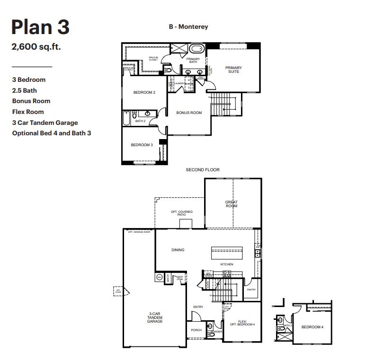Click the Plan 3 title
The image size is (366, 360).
40,27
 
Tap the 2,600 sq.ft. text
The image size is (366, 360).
36,47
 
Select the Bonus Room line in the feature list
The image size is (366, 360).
31,101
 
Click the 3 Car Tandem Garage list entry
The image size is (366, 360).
45,123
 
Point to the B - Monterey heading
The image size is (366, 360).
188,27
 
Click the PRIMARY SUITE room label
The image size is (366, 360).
233,70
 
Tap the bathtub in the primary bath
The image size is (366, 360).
196,49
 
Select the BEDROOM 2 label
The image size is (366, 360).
144,92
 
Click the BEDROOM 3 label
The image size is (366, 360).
142,145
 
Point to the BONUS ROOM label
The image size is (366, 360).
189,113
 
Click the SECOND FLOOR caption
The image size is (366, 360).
203,169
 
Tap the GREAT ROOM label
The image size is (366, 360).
231,204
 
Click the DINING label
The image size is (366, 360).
178,250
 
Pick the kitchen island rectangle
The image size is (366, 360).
226,251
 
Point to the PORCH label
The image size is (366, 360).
196,330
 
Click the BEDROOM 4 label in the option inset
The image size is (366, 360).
312,327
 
